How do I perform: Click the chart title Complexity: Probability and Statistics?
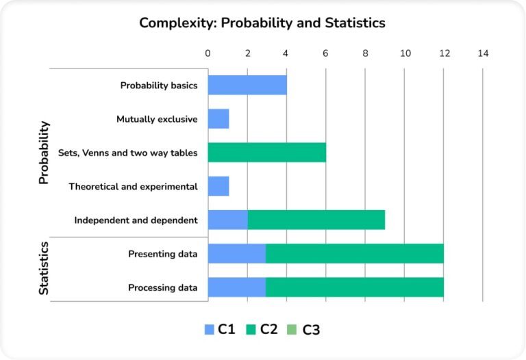point(262,23)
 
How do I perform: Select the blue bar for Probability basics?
point(247,86)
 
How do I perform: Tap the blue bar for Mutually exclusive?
point(218,119)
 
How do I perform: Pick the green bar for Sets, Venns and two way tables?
point(267,153)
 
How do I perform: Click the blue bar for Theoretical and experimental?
point(218,186)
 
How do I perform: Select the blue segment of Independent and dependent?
point(228,220)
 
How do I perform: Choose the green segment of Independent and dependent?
point(316,220)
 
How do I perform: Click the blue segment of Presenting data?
point(237,254)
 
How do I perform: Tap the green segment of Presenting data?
point(355,254)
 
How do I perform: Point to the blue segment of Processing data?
point(237,287)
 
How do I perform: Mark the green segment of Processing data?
point(355,287)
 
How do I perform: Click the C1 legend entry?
point(221,330)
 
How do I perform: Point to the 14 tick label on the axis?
point(484,53)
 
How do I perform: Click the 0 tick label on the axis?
point(208,53)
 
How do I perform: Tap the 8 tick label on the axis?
point(366,53)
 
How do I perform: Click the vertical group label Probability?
point(44,153)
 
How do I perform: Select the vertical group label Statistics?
point(44,268)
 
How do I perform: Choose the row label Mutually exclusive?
point(157,119)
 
